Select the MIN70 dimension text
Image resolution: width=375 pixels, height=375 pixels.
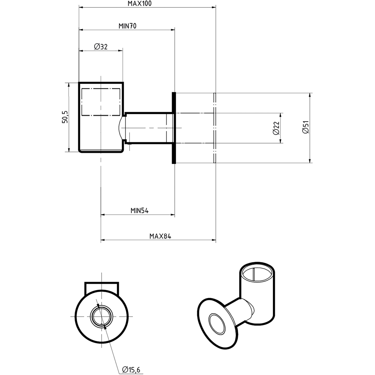(x=127, y=26)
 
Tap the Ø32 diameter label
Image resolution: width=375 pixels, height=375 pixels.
(x=100, y=46)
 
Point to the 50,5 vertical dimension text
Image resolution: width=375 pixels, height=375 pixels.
(x=65, y=117)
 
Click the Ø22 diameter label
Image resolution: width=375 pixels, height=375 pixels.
(x=276, y=128)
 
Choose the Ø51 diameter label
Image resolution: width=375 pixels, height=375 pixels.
(x=306, y=128)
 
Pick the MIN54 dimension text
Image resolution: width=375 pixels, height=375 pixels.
(x=139, y=211)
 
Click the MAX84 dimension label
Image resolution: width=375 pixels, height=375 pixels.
(x=160, y=236)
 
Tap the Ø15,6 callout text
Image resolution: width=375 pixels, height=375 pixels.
(x=131, y=370)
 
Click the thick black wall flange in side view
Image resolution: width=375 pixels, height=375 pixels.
(x=174, y=128)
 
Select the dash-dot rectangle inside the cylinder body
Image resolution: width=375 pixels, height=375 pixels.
(x=101, y=102)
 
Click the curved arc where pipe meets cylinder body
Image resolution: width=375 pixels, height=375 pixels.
(x=120, y=128)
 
